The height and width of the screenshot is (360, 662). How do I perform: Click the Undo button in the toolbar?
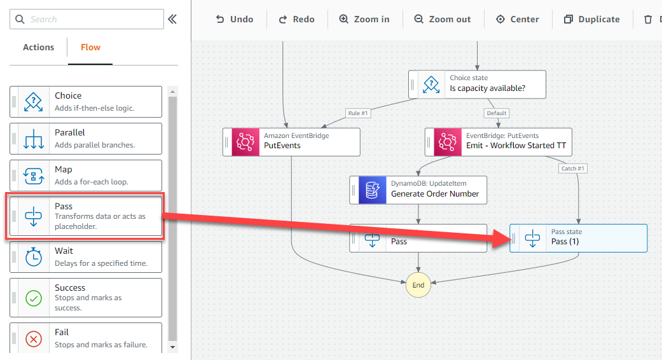pos(234,20)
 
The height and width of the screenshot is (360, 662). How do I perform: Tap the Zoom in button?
pos(364,20)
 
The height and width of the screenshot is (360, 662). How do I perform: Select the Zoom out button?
pos(443,20)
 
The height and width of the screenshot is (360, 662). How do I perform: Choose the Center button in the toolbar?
pos(517,20)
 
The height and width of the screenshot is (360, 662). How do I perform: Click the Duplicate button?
pos(592,20)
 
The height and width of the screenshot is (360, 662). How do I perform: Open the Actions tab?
pos(38,47)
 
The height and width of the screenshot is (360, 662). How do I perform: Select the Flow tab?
pos(90,47)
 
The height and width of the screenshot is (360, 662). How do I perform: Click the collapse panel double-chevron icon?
pos(172,19)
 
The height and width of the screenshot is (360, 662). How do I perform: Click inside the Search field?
pos(87,19)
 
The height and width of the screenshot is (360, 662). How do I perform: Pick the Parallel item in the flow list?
pos(86,139)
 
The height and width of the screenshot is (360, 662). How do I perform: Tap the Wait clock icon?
pos(34,257)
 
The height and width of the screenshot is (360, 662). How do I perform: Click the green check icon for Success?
pos(34,298)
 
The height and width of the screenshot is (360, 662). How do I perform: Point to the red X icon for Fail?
pos(34,338)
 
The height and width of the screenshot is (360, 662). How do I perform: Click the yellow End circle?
pos(418,285)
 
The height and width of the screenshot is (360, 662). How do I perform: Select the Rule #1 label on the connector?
pos(358,113)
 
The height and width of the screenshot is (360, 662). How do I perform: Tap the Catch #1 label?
pos(572,169)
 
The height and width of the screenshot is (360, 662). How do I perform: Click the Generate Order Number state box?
pos(418,190)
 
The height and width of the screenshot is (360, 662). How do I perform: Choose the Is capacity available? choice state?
pos(477,85)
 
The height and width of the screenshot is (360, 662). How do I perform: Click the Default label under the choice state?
pos(497,113)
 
